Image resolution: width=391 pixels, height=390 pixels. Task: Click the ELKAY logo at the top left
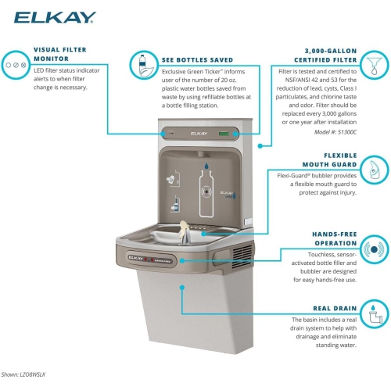44,16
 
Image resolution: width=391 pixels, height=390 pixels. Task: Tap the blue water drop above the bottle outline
205,167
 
